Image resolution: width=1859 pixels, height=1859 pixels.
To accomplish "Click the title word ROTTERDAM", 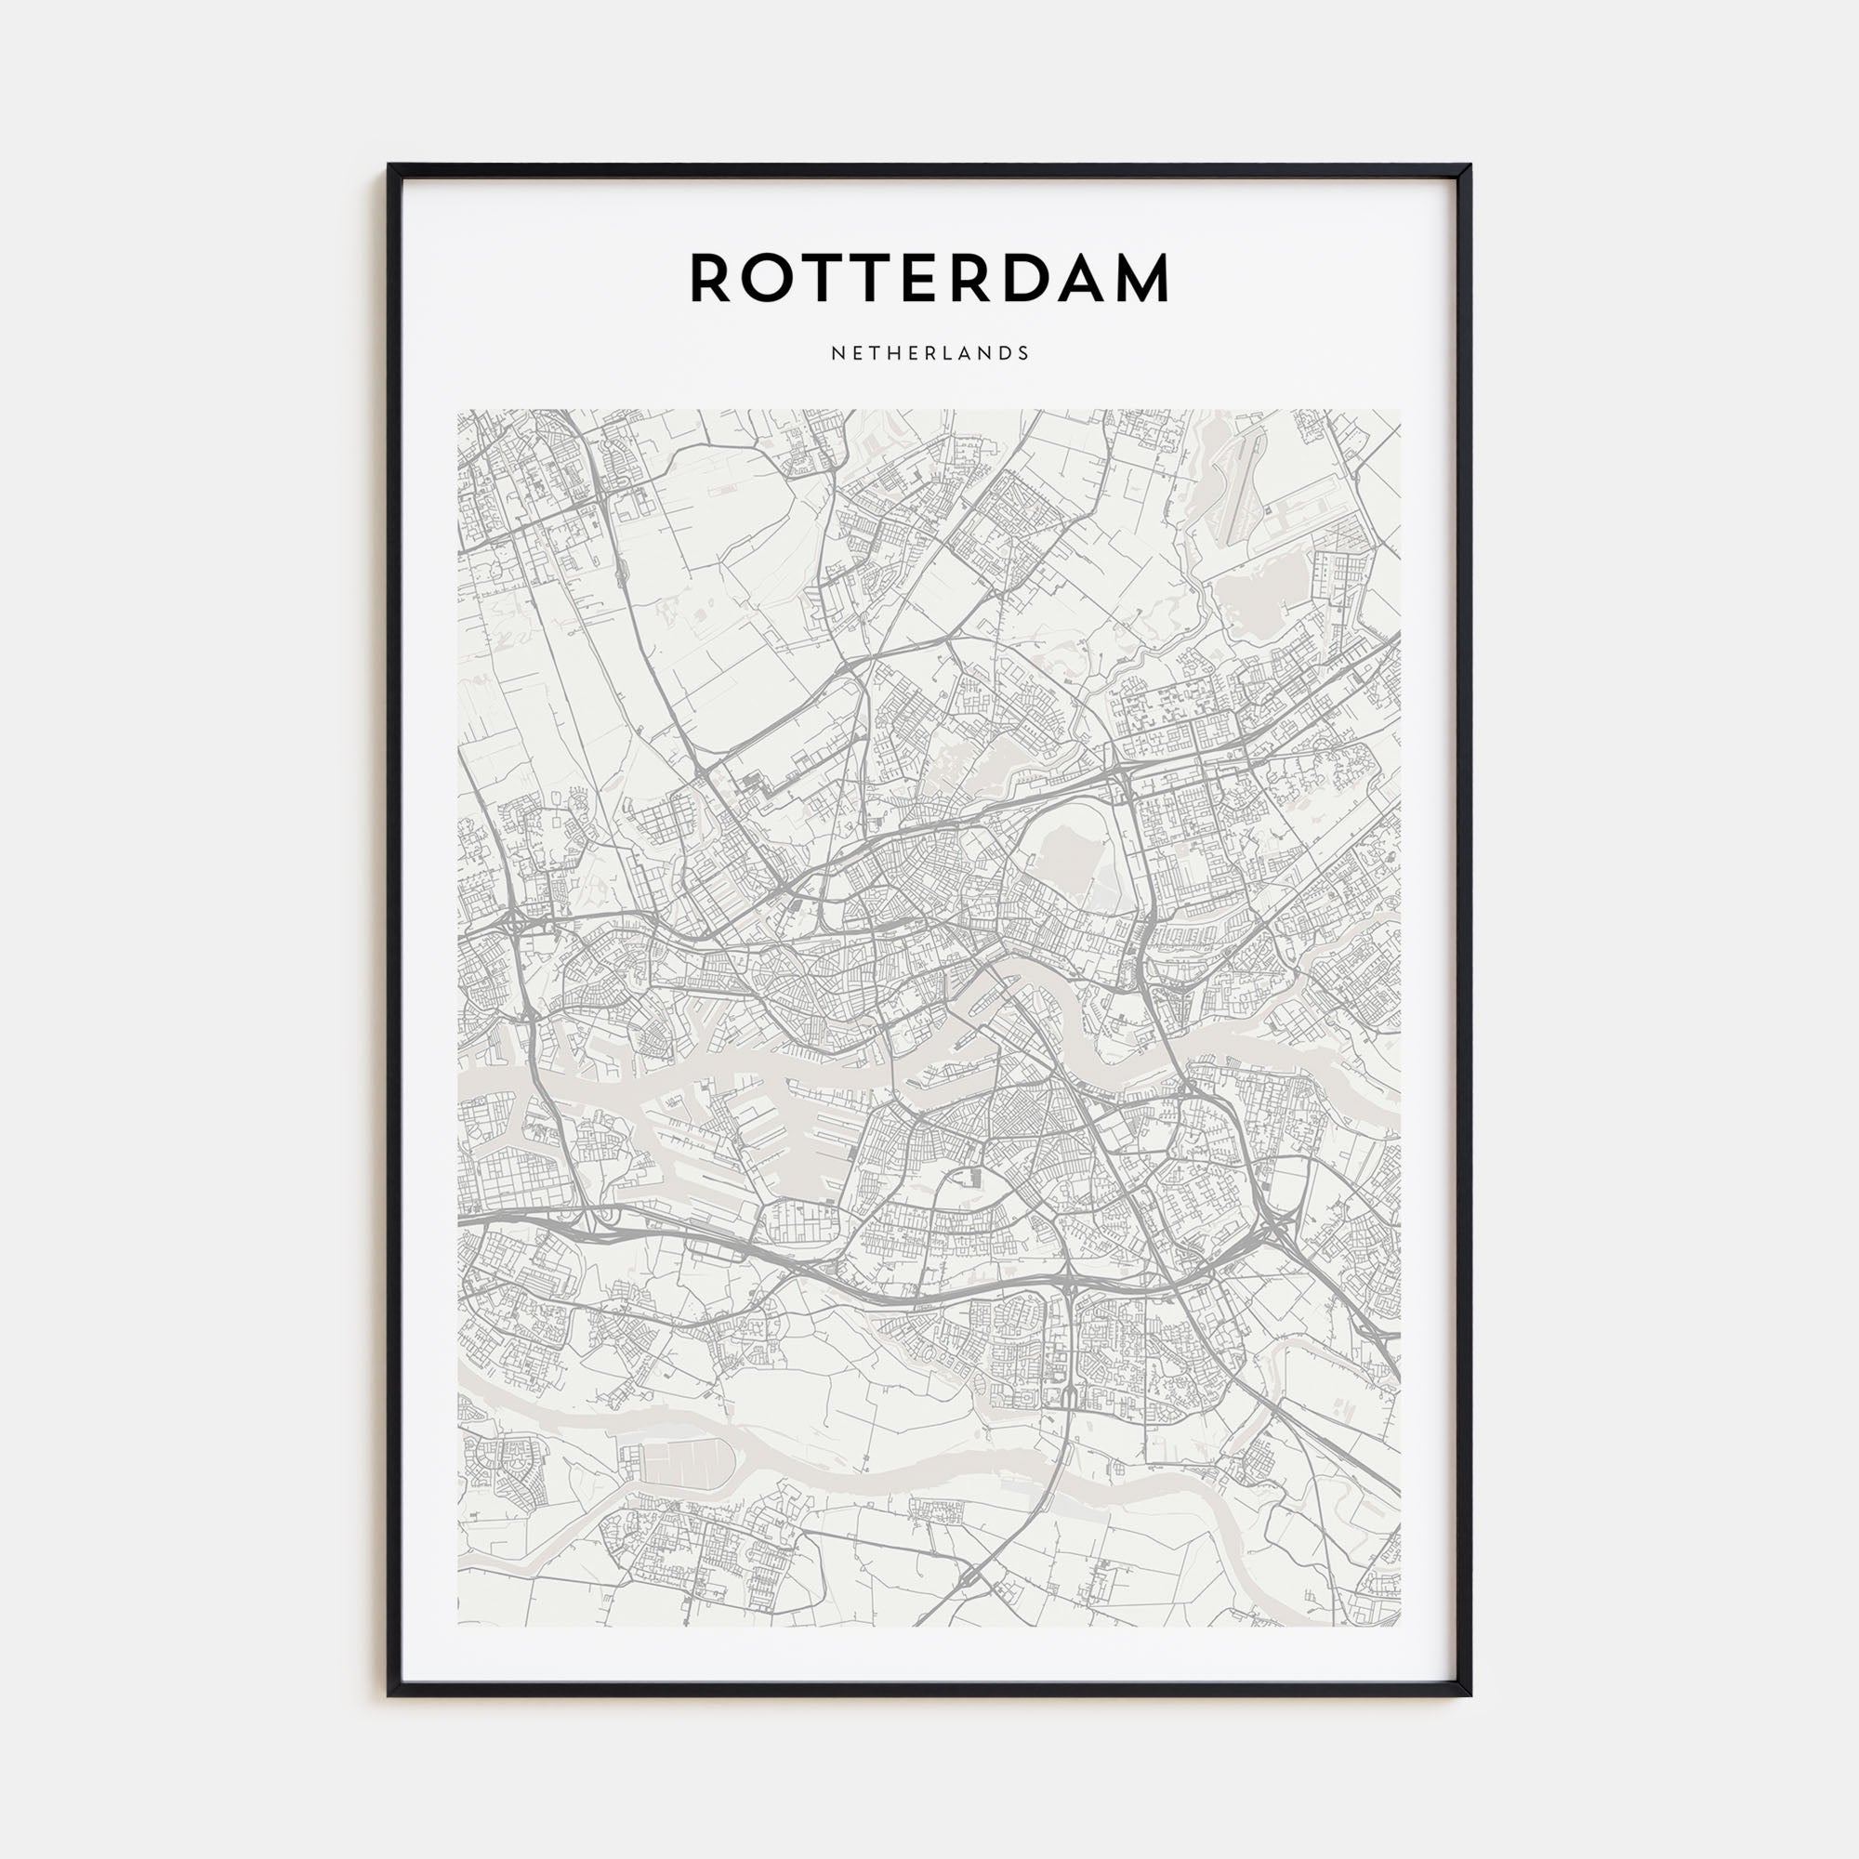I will click(929, 279).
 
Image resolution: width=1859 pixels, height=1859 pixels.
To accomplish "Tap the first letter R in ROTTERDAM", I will click(710, 279).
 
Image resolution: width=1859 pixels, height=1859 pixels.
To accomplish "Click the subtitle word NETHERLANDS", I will click(929, 353).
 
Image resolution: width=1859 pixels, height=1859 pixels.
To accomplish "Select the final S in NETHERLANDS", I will click(1023, 353).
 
